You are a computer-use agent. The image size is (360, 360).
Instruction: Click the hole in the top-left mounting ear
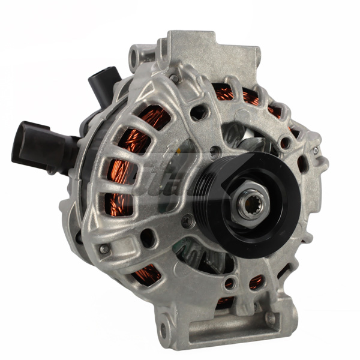tap(136, 58)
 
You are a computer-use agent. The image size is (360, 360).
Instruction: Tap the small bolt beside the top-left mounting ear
tap(173, 78)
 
